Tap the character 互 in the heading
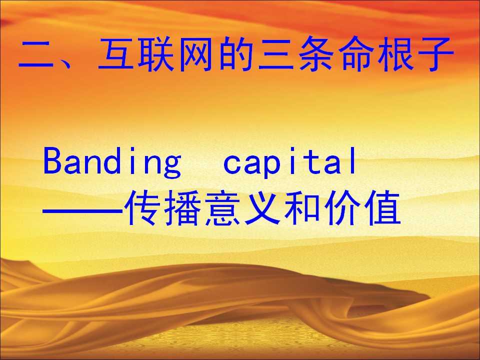(x=115, y=54)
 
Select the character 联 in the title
(x=155, y=54)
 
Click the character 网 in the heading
(x=195, y=54)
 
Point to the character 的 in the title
(x=235, y=54)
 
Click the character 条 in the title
(x=316, y=54)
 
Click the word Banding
(x=112, y=162)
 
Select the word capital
(x=289, y=162)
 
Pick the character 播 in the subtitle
(x=183, y=208)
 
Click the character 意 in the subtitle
(x=223, y=208)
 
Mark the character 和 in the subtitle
(x=302, y=208)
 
